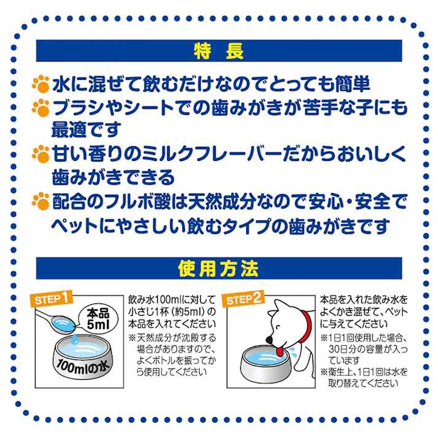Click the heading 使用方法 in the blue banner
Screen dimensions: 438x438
point(219,269)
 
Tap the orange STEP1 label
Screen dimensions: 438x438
point(55,299)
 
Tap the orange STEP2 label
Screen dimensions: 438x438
point(244,300)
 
